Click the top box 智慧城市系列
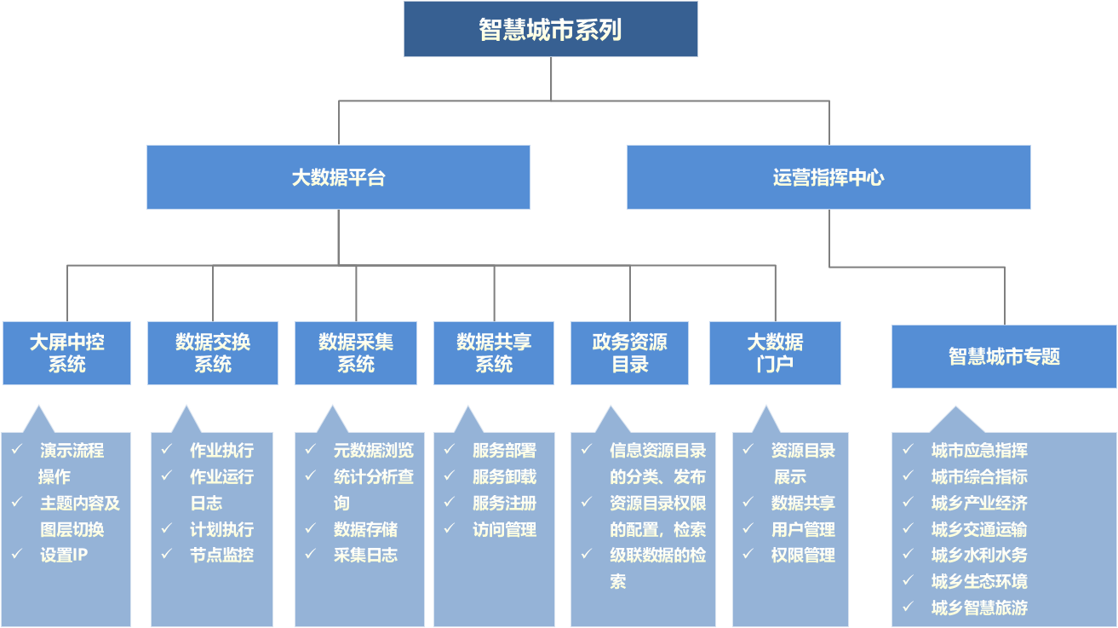pyautogui.click(x=550, y=30)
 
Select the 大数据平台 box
pyautogui.click(x=338, y=177)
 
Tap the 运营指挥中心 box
pyautogui.click(x=828, y=177)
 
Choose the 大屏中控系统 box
pyautogui.click(x=66, y=353)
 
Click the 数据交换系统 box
pyautogui.click(x=213, y=353)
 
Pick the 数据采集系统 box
pyautogui.click(x=356, y=353)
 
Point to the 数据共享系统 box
pyautogui.click(x=494, y=353)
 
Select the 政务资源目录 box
pyautogui.click(x=630, y=353)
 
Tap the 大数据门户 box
pyautogui.click(x=775, y=353)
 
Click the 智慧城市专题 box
pyautogui.click(x=1004, y=356)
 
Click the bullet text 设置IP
pyautogui.click(x=64, y=556)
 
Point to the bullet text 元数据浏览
pyautogui.click(x=374, y=451)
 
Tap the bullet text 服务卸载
pyautogui.click(x=504, y=477)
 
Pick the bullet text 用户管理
pyautogui.click(x=803, y=529)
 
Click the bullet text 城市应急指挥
pyautogui.click(x=979, y=451)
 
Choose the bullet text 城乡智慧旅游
pyautogui.click(x=979, y=608)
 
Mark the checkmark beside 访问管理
pyautogui.click(x=450, y=529)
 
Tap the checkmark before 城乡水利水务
pyautogui.click(x=909, y=556)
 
